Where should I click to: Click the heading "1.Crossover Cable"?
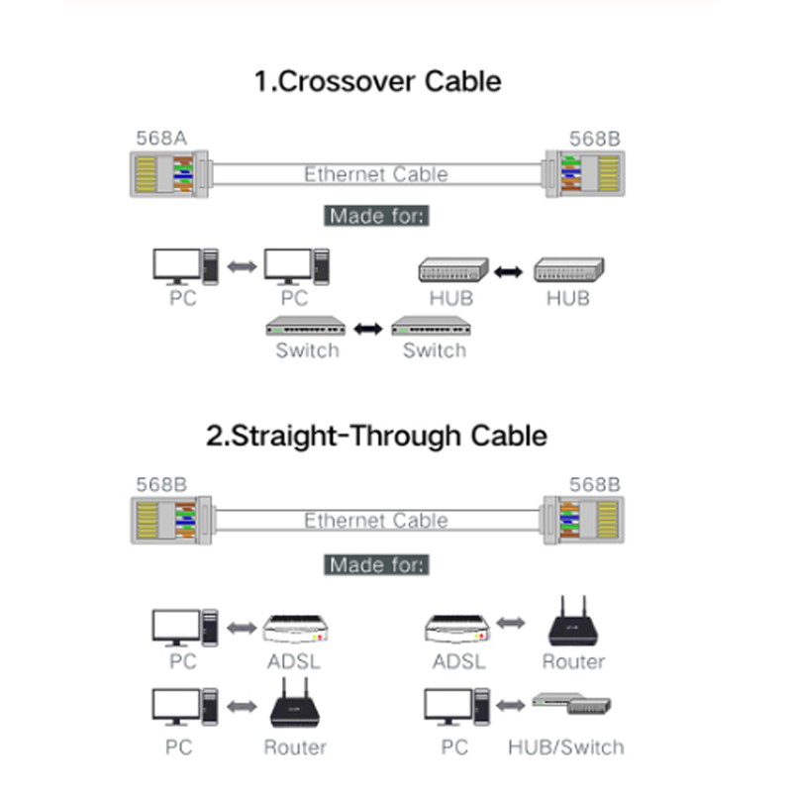point(377,80)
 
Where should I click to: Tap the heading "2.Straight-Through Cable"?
point(376,436)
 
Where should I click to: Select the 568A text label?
point(161,138)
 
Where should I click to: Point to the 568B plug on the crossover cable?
point(584,174)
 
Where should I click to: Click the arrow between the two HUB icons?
point(509,269)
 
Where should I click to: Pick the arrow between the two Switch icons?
point(368,327)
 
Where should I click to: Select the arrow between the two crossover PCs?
point(242,266)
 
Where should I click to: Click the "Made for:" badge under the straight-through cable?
point(377,565)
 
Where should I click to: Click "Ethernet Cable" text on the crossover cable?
point(376,174)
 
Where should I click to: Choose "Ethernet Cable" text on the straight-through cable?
point(376,521)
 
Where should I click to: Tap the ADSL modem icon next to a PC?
point(294,628)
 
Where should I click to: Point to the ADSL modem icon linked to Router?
point(457,628)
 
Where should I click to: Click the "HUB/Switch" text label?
point(566,747)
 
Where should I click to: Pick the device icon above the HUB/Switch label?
point(571,704)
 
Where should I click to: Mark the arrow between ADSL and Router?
point(509,623)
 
